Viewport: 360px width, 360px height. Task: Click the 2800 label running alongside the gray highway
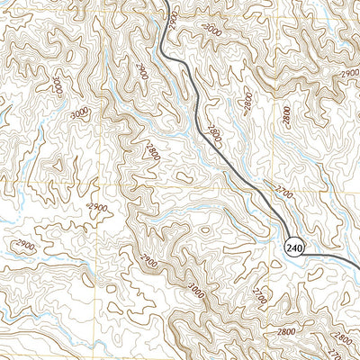(x=213, y=135)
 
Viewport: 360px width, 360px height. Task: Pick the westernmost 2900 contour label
(x=24, y=246)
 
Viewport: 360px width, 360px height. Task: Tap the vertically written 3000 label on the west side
(x=58, y=86)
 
